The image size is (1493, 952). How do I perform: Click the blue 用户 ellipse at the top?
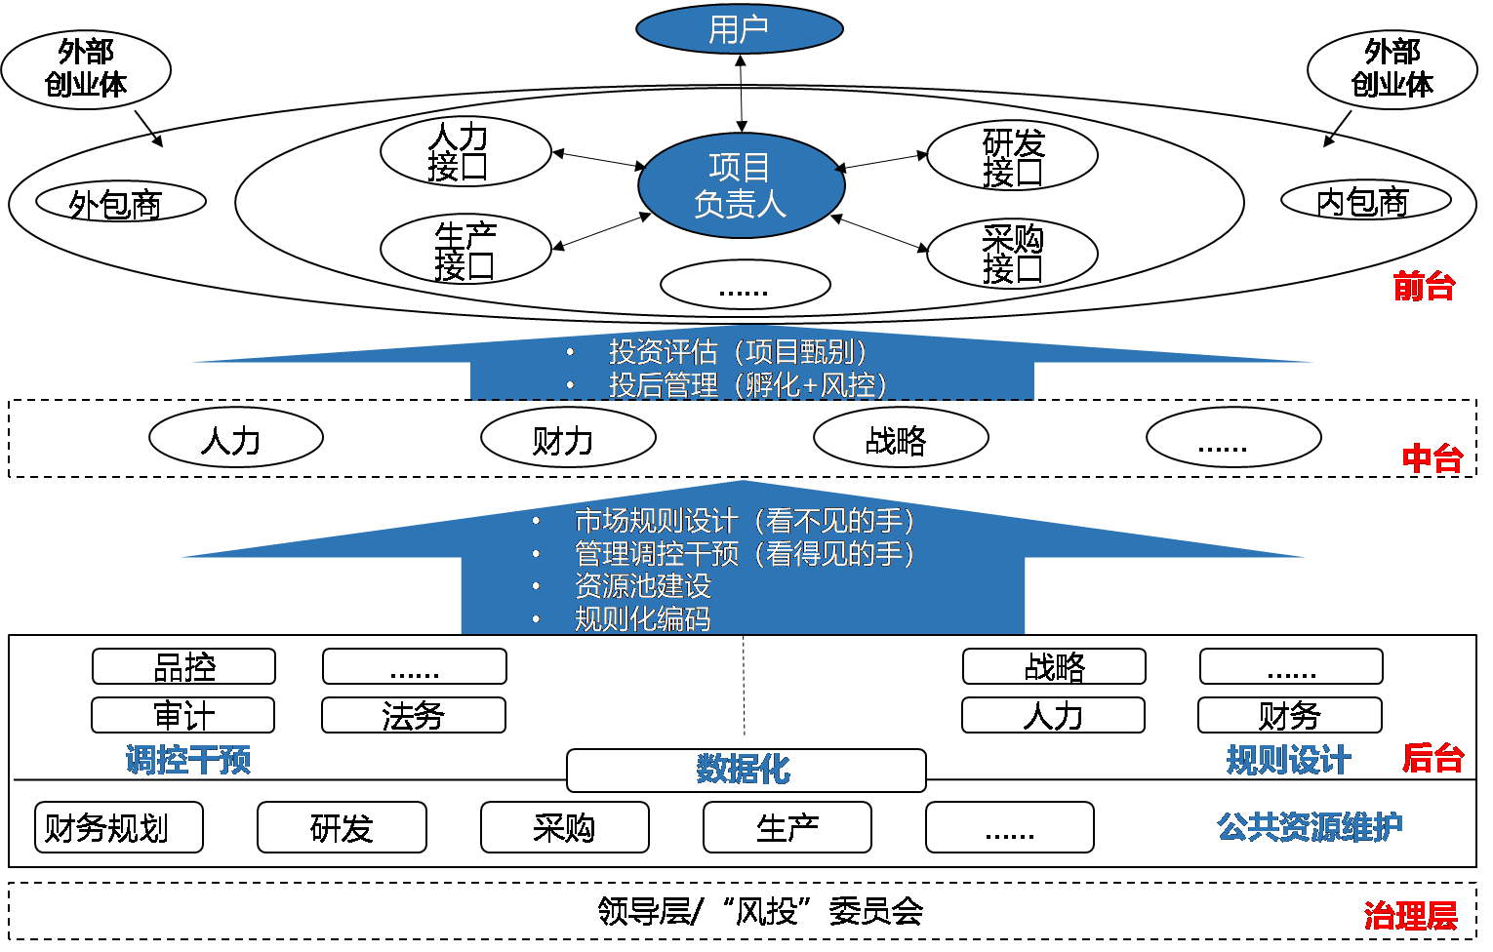click(739, 29)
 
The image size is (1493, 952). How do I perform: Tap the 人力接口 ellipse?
click(465, 152)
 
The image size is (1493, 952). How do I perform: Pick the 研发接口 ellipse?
click(1012, 156)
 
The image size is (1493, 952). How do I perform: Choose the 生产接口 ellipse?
click(465, 250)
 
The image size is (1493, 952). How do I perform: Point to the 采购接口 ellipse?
click(1012, 254)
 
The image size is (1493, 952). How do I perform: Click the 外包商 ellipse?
click(121, 203)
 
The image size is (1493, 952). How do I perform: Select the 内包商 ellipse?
click(1365, 201)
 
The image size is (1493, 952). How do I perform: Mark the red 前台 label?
click(1424, 286)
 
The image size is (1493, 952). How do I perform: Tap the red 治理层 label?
click(1410, 915)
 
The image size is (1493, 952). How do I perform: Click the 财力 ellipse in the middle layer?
click(568, 439)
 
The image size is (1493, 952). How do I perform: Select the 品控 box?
click(183, 667)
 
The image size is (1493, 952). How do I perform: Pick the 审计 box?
click(183, 715)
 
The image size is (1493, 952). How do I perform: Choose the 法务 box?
click(414, 715)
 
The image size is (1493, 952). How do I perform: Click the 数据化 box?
click(746, 770)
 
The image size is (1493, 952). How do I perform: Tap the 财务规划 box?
click(118, 827)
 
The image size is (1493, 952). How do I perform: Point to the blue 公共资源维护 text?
click(1309, 827)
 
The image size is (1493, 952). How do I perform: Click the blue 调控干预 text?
click(188, 759)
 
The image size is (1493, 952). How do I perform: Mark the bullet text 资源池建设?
click(643, 585)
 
